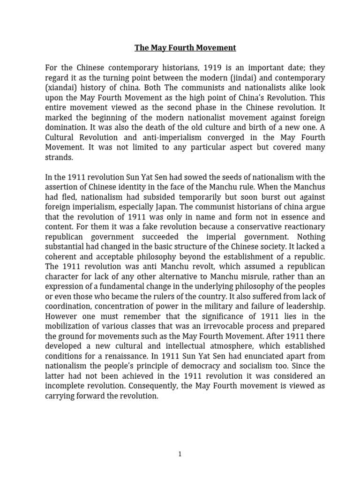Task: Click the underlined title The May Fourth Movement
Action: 185,48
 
